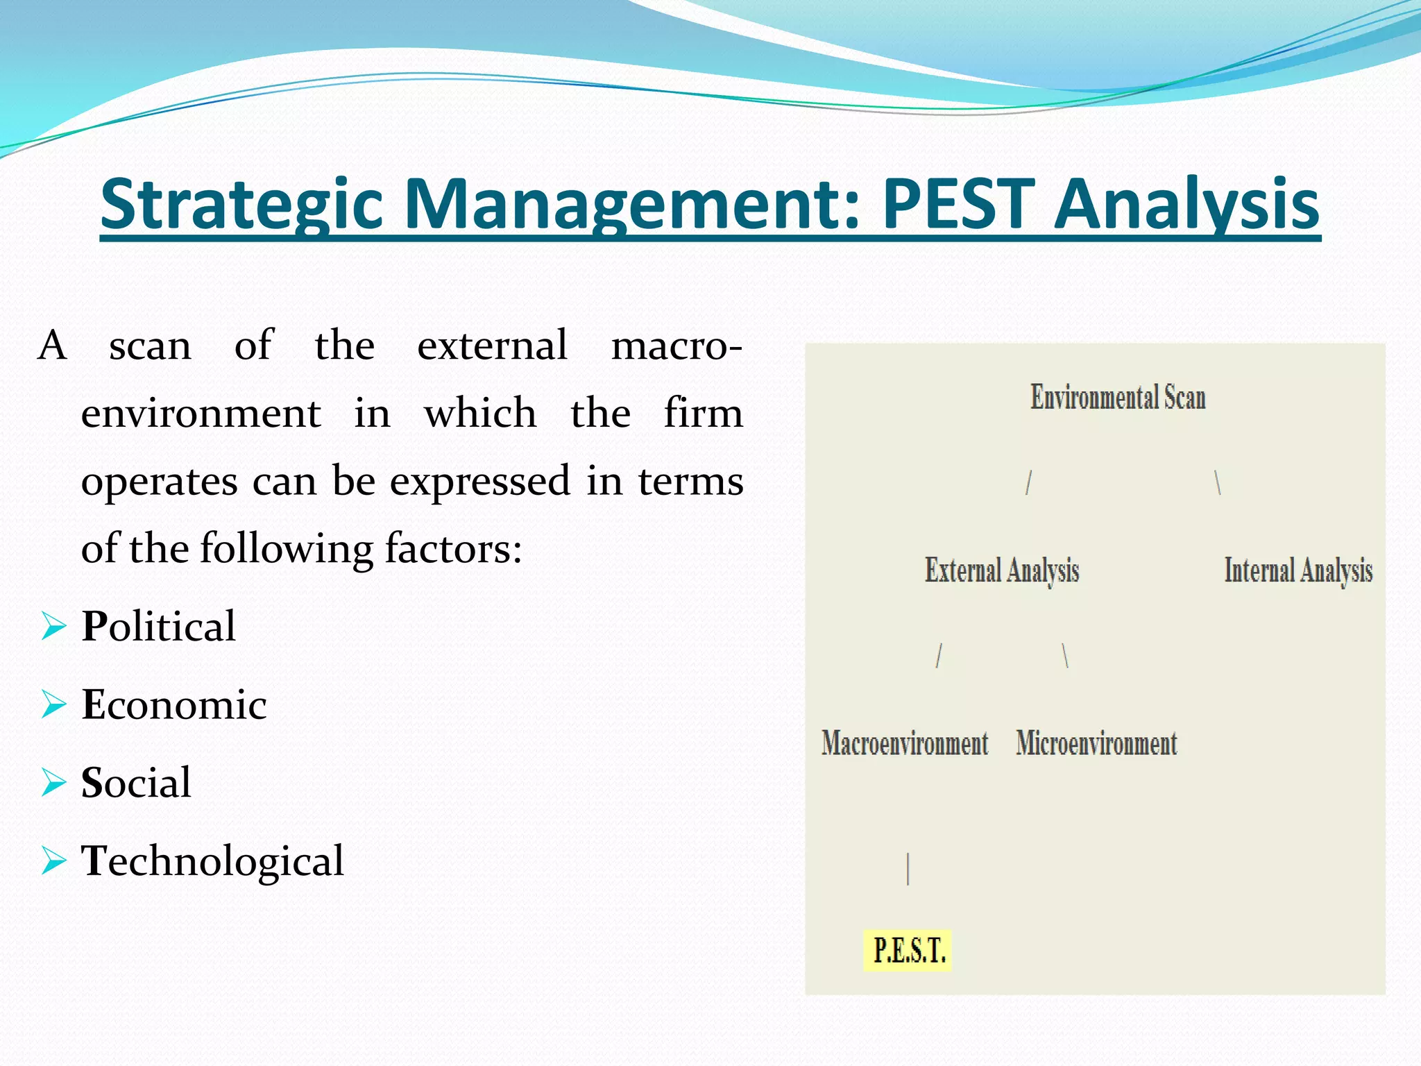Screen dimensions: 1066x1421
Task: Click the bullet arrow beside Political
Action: pyautogui.click(x=53, y=626)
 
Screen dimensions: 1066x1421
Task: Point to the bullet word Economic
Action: pyautogui.click(x=174, y=704)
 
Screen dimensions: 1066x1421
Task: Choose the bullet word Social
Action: pyautogui.click(x=136, y=783)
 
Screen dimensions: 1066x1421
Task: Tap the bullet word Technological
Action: pyautogui.click(x=212, y=861)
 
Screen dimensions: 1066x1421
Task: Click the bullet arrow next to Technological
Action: pyautogui.click(x=53, y=861)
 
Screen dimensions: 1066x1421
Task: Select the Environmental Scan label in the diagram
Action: pyautogui.click(x=1118, y=398)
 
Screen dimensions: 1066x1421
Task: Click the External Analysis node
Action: pyautogui.click(x=1002, y=570)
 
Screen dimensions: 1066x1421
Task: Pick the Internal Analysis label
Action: pyautogui.click(x=1298, y=570)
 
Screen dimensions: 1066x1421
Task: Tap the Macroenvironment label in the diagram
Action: pyautogui.click(x=905, y=743)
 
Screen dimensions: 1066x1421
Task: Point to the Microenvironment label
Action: pyautogui.click(x=1096, y=743)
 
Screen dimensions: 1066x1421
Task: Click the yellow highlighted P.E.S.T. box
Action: pyautogui.click(x=908, y=950)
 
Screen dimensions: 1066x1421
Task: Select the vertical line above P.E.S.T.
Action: pyautogui.click(x=908, y=869)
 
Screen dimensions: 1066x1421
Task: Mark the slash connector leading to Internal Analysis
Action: pyautogui.click(x=1218, y=482)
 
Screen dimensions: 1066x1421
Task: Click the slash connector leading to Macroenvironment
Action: pyautogui.click(x=939, y=655)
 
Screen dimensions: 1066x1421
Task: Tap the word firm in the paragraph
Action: pyautogui.click(x=703, y=414)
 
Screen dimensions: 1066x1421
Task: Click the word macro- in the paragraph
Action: pyautogui.click(x=677, y=346)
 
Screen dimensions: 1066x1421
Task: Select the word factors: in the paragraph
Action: pyautogui.click(x=453, y=549)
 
